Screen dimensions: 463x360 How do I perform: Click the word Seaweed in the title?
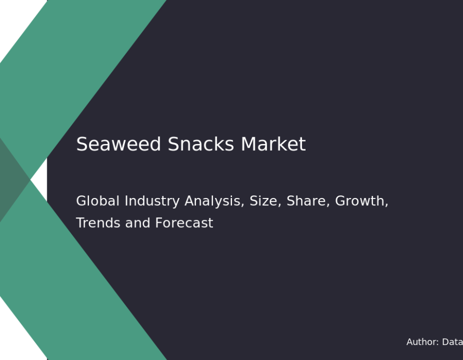[118, 144]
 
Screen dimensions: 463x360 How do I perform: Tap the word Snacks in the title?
[201, 144]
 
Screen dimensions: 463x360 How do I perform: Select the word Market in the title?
[273, 144]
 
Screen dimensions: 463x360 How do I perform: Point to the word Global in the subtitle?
[98, 201]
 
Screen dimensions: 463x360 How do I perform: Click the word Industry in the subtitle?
[152, 202]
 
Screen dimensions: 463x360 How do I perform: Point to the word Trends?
[98, 223]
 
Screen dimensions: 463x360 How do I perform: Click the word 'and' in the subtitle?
[137, 223]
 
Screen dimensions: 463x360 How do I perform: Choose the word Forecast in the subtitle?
[184, 223]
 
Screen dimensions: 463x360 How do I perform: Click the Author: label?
[422, 342]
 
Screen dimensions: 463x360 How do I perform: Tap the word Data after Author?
[452, 342]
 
